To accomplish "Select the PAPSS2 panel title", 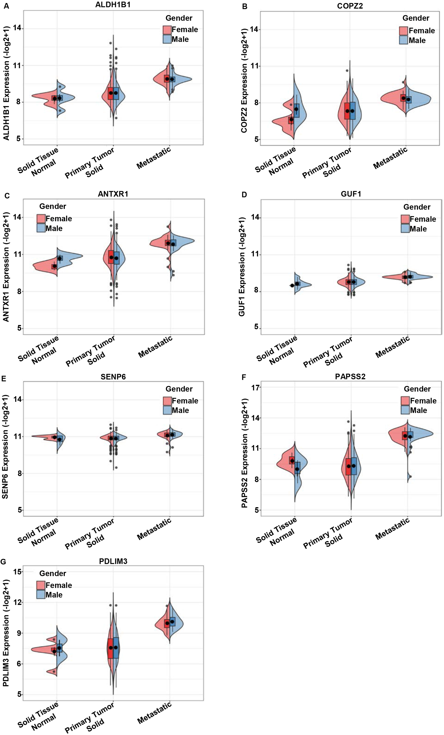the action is point(350,376).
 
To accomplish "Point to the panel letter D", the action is point(244,195).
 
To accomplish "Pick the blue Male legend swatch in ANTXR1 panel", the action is point(41,228).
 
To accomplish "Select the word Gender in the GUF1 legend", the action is point(417,207).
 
